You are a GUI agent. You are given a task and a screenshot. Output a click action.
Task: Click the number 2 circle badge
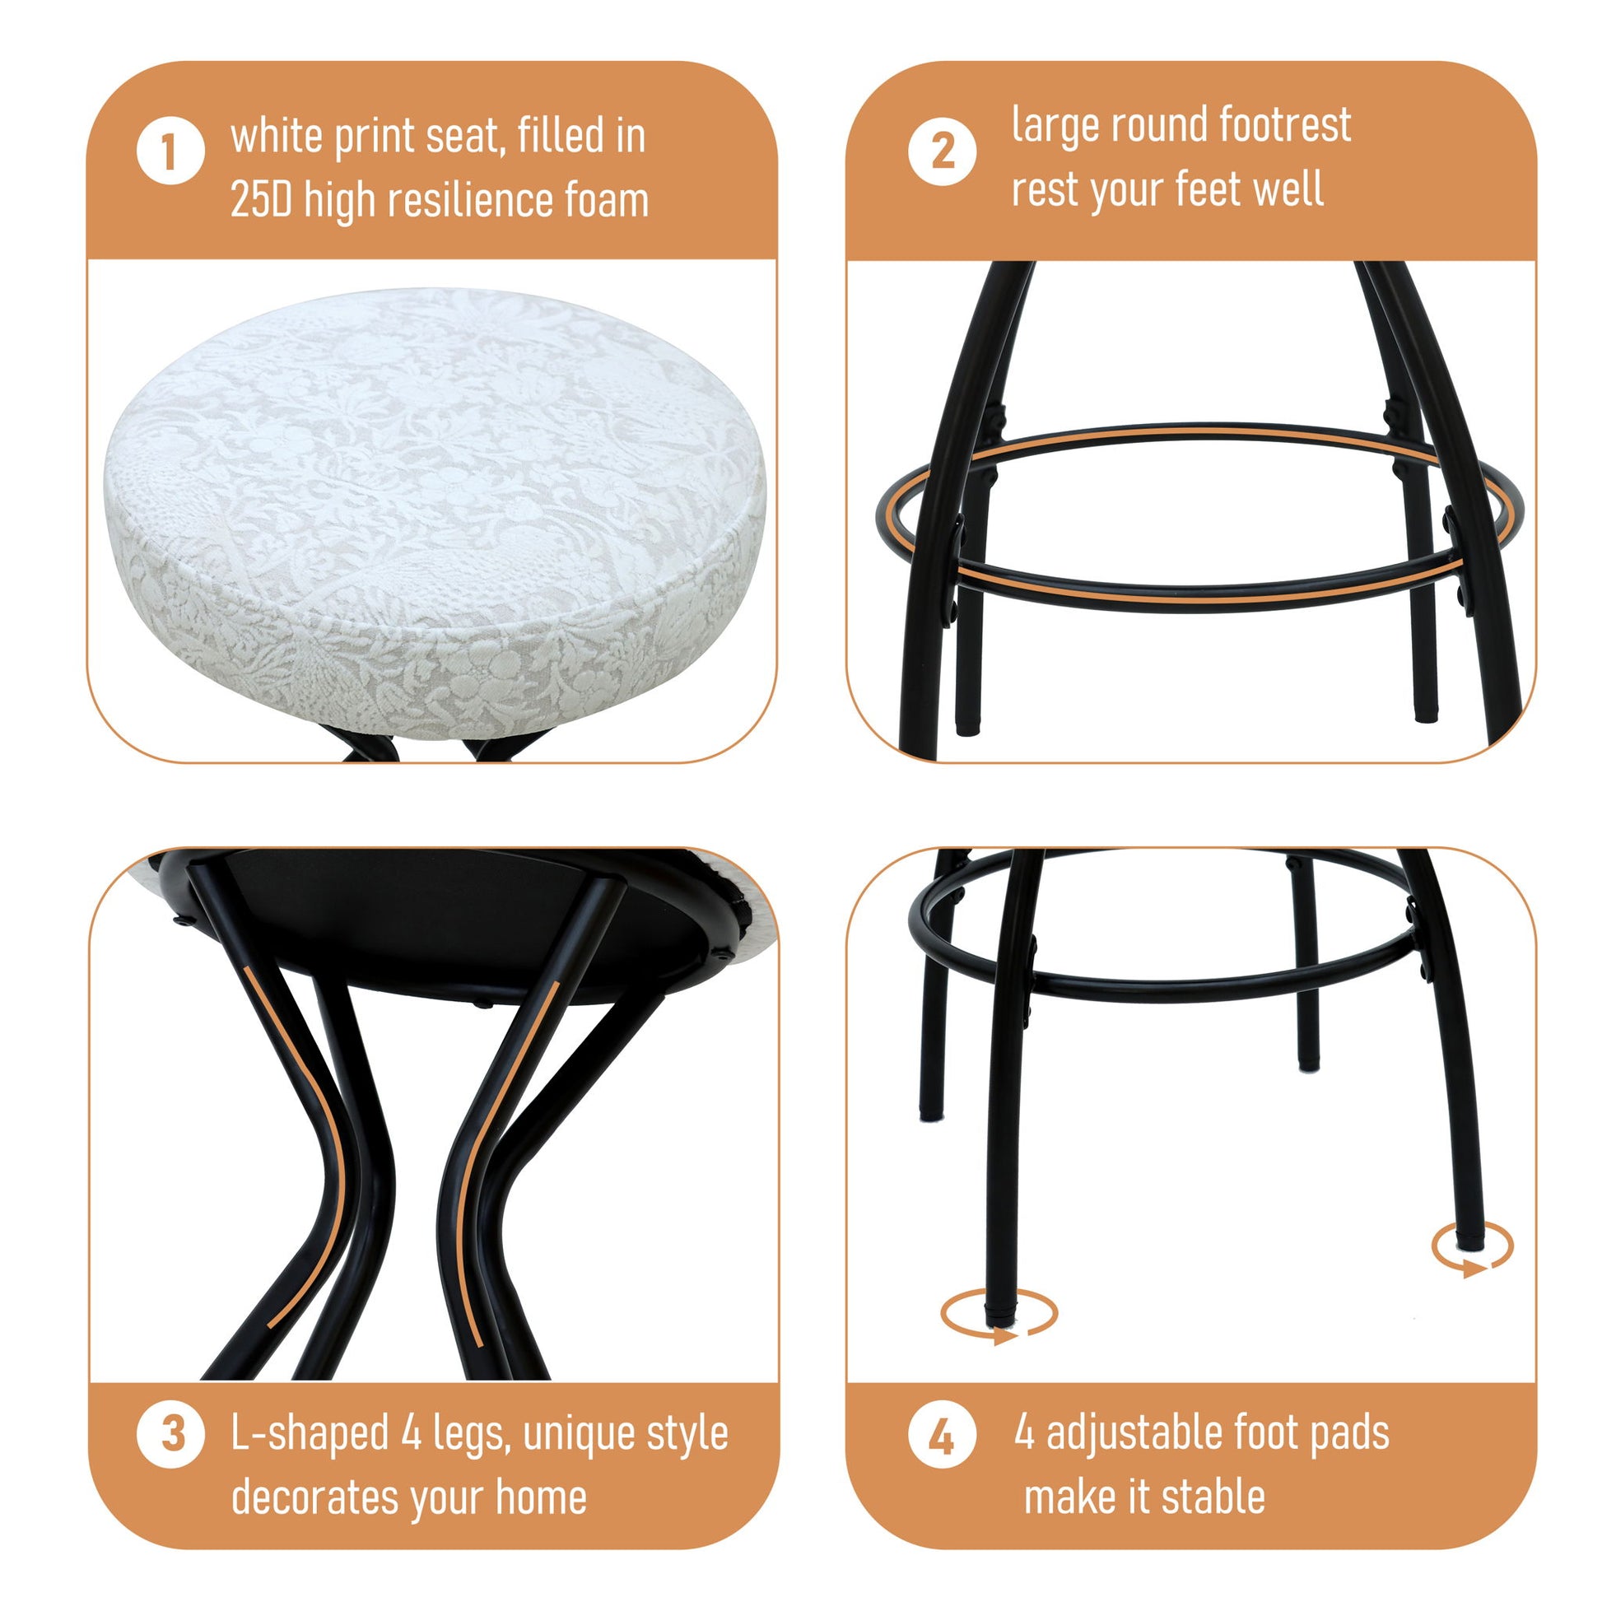coord(942,151)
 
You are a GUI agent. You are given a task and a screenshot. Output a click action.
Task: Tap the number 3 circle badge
coord(170,1434)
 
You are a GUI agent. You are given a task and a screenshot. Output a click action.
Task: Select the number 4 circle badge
coord(942,1437)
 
